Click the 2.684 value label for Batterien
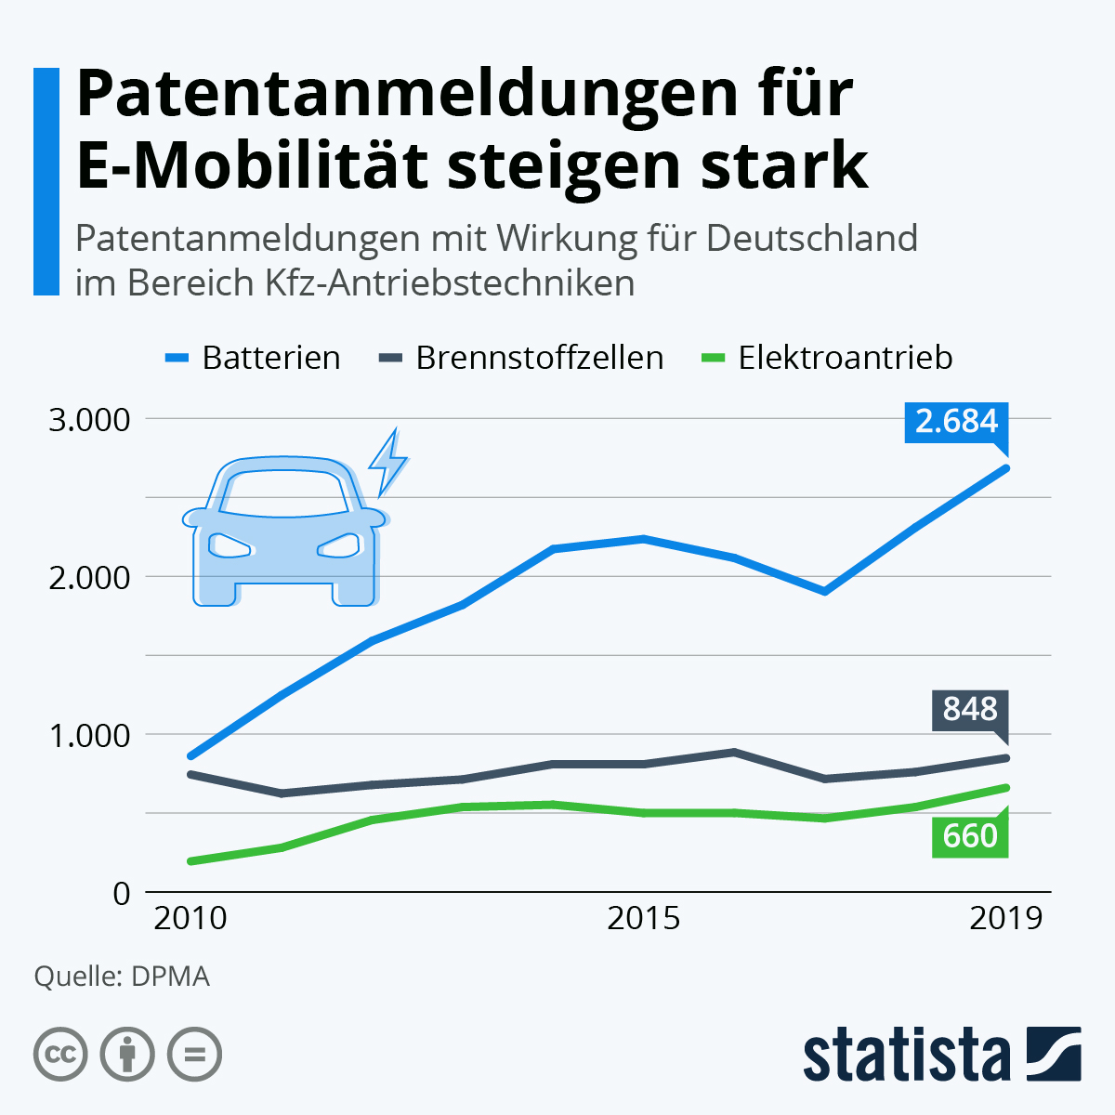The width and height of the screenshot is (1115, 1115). click(x=956, y=421)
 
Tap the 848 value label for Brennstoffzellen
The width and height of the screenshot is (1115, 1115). click(x=970, y=709)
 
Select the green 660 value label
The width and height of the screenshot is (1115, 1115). click(x=970, y=836)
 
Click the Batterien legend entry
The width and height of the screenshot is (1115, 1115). click(x=253, y=358)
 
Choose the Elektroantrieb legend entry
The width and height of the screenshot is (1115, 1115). click(x=826, y=358)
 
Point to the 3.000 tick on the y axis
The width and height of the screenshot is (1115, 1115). click(x=89, y=419)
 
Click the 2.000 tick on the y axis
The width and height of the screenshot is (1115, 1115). click(x=89, y=577)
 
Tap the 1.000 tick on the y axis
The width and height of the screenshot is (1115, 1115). click(x=89, y=735)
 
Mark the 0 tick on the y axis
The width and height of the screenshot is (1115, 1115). click(x=122, y=893)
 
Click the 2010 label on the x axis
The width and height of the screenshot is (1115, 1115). click(x=190, y=918)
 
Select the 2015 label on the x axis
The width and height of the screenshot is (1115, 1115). click(x=643, y=918)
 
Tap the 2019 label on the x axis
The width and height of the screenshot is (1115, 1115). click(x=1006, y=918)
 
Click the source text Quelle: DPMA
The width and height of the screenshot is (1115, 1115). click(x=122, y=977)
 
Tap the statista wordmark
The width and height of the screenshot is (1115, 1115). click(x=907, y=1055)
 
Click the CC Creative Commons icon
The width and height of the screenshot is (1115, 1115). click(x=60, y=1055)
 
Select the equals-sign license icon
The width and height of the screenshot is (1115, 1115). click(x=194, y=1055)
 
